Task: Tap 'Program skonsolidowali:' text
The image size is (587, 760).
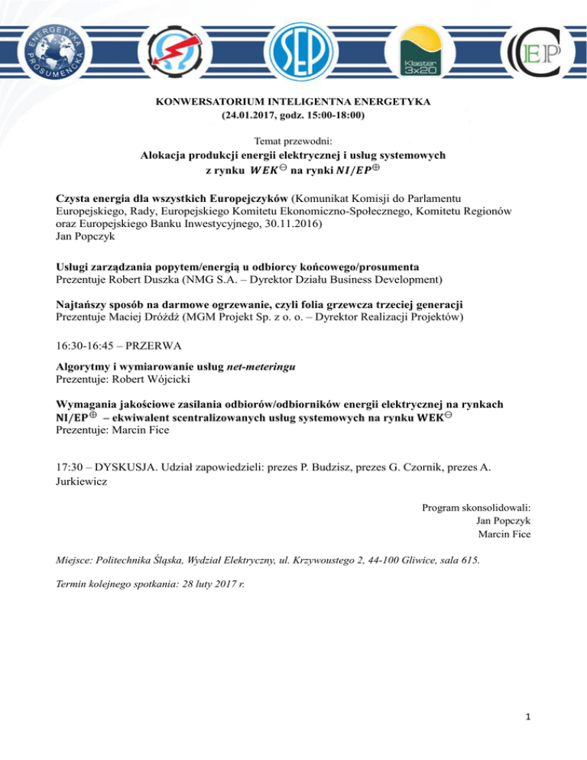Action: tap(476, 507)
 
